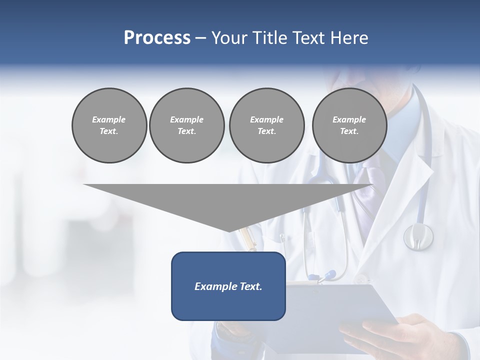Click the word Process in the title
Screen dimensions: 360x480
pyautogui.click(x=157, y=38)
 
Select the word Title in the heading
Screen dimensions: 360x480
pyautogui.click(x=268, y=38)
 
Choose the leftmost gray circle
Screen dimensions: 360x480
pyautogui.click(x=109, y=125)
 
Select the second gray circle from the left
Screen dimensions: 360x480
pyautogui.click(x=186, y=125)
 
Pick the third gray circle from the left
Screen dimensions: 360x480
pyautogui.click(x=266, y=125)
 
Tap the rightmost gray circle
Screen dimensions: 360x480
pyautogui.click(x=349, y=125)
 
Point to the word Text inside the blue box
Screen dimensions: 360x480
pyautogui.click(x=251, y=286)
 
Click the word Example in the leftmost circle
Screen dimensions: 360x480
pyautogui.click(x=109, y=119)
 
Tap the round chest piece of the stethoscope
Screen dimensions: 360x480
pyautogui.click(x=418, y=236)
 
